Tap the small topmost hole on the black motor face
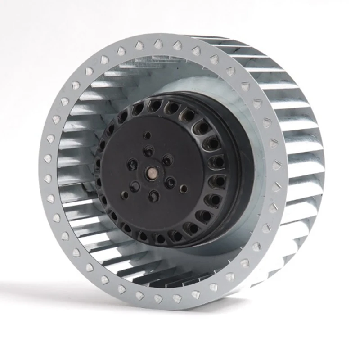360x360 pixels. coord(147,135)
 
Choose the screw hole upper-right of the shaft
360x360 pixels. coord(167,160)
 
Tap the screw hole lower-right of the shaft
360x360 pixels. coord(170,182)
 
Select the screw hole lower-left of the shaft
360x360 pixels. coord(135,185)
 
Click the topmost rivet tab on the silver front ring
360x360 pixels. coord(158,44)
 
